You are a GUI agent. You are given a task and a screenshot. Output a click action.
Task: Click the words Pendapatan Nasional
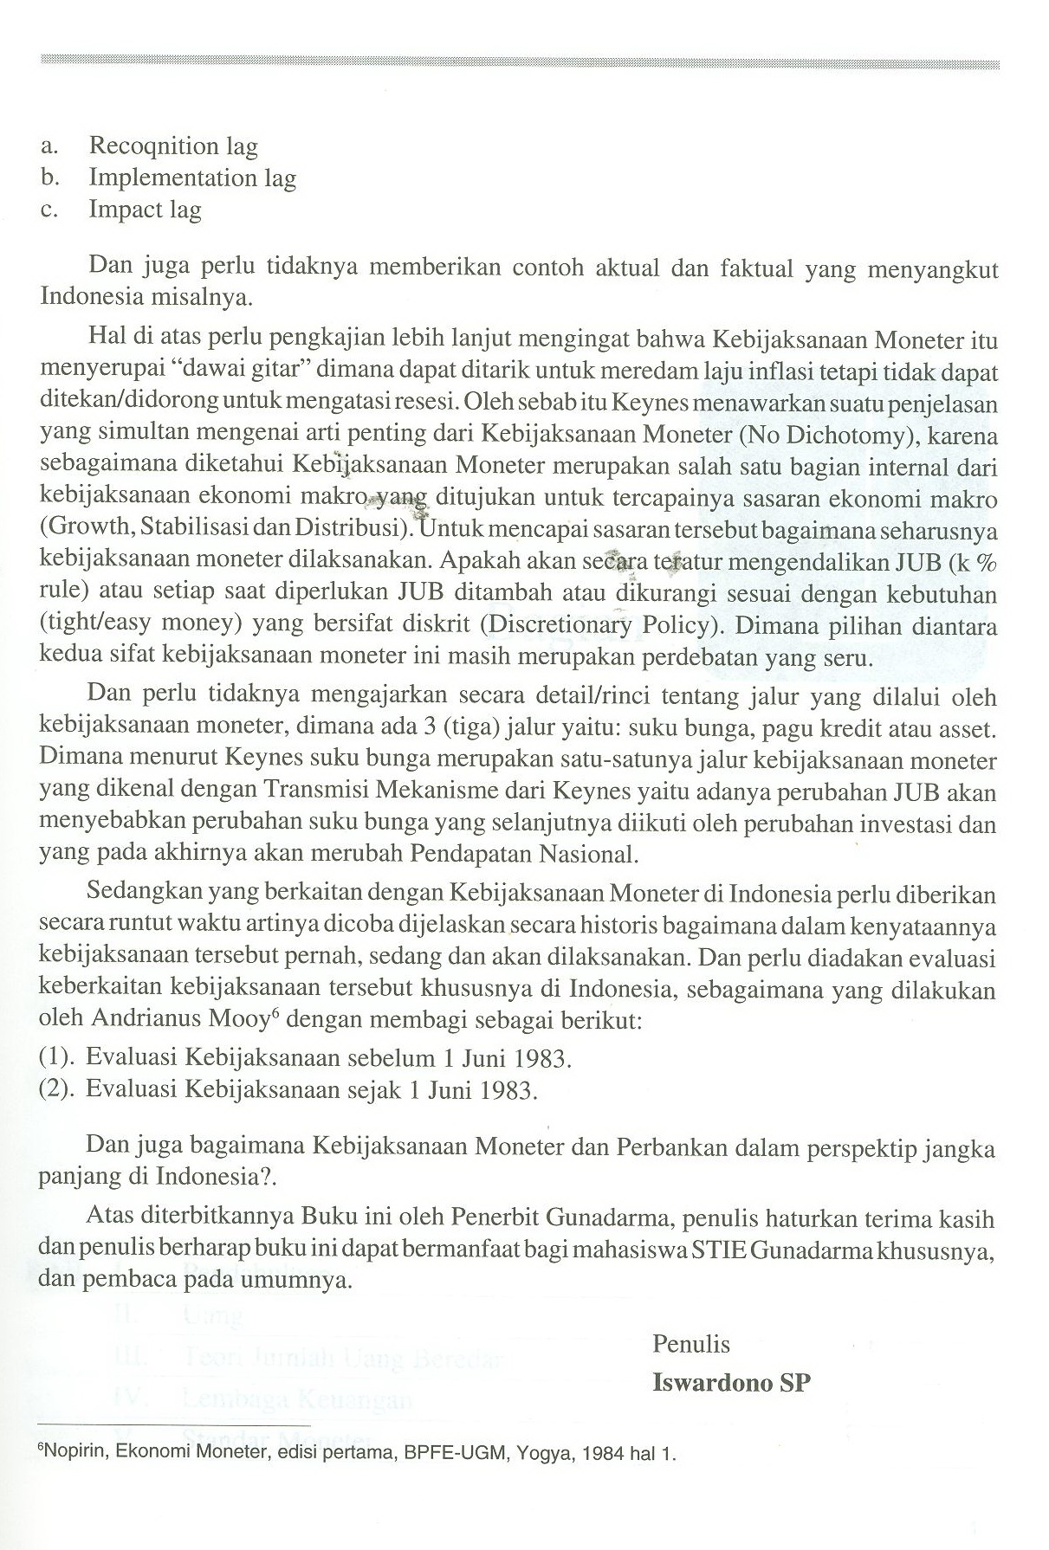click(x=522, y=855)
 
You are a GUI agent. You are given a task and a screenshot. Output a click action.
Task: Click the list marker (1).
click(x=58, y=1057)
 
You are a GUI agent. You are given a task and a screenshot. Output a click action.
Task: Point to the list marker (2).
click(x=58, y=1088)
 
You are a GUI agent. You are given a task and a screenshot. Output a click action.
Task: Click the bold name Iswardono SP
click(x=731, y=1382)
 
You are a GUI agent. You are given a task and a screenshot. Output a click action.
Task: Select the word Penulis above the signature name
click(x=690, y=1343)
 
